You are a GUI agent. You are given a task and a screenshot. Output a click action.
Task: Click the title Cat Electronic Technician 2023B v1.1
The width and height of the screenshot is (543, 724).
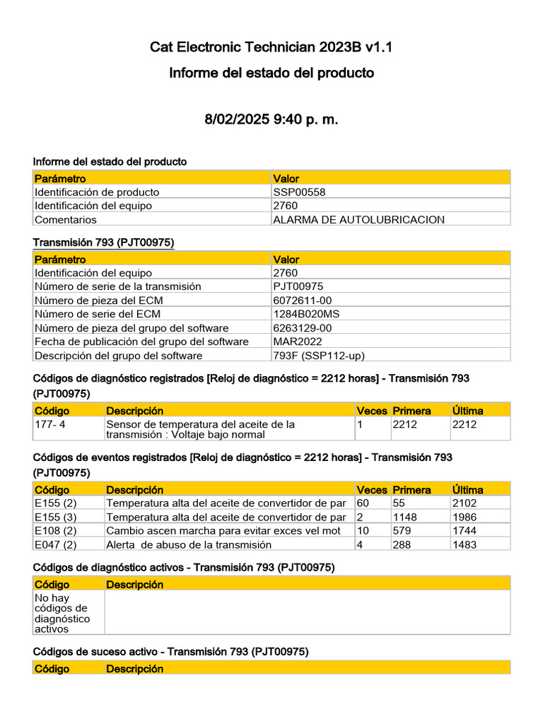(271, 47)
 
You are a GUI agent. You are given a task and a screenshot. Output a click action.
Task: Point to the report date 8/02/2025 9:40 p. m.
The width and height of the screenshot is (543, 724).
(271, 119)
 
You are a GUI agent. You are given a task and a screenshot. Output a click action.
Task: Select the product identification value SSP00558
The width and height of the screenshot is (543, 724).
(299, 192)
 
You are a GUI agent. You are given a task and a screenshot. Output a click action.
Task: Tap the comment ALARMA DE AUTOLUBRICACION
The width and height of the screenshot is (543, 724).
(358, 220)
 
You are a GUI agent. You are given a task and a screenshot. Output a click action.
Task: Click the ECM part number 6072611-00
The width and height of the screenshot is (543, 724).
(302, 300)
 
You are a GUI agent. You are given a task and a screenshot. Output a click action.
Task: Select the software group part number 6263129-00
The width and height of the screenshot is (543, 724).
(302, 328)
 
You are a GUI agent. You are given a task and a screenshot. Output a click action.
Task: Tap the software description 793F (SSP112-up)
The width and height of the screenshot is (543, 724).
(319, 356)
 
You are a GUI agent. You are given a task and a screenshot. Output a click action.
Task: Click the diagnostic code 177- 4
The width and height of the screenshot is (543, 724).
(49, 425)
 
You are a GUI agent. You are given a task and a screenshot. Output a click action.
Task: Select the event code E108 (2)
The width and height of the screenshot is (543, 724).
(55, 531)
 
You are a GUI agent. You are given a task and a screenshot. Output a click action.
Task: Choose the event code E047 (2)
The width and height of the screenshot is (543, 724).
(55, 545)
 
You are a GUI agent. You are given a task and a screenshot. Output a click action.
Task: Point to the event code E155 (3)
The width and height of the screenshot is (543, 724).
(55, 518)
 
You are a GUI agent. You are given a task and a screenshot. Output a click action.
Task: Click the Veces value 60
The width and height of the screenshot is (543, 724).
(363, 503)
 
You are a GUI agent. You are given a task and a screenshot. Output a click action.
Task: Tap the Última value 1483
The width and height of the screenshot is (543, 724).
(465, 545)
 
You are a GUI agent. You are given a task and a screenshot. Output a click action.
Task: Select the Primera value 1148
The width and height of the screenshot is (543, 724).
(406, 518)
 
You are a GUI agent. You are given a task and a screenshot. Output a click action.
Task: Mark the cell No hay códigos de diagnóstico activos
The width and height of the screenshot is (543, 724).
(61, 613)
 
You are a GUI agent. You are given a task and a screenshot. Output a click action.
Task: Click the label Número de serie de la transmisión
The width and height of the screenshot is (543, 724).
(117, 286)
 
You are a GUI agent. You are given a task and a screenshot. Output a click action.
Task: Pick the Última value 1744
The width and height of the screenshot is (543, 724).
(465, 531)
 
